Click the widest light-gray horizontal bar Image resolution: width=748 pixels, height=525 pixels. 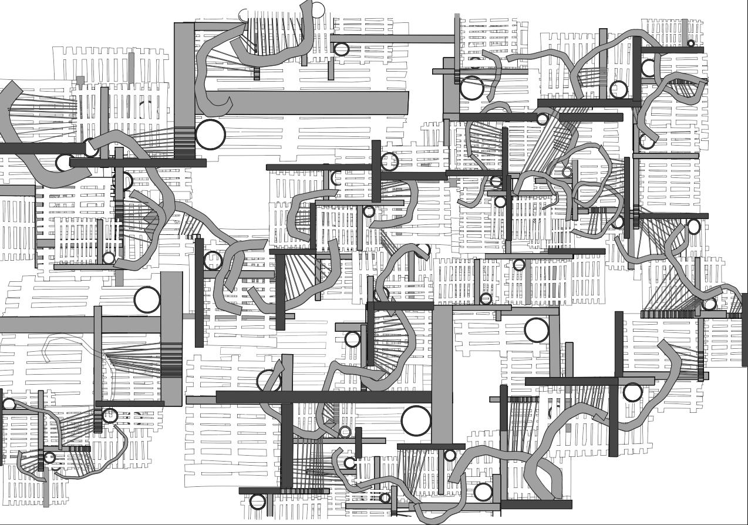click(317, 103)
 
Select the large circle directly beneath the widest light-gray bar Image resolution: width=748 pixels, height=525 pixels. click(210, 134)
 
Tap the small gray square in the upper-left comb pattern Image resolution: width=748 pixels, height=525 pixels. click(80, 80)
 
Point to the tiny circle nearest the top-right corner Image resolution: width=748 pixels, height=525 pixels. click(690, 43)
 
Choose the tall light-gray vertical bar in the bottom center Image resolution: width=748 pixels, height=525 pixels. click(442, 376)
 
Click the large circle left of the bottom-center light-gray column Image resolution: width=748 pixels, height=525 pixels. click(416, 420)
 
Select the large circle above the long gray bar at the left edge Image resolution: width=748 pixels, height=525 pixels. click(147, 300)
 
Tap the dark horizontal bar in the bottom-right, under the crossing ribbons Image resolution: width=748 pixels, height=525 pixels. click(536, 504)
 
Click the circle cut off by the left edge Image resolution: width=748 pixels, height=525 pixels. click(8, 404)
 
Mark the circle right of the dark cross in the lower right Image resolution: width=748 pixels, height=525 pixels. click(632, 392)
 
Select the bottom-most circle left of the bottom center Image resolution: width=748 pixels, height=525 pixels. click(258, 502)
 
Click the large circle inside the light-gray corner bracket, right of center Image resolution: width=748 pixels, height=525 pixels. click(536, 330)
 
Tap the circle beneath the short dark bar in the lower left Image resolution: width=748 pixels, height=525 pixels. click(110, 416)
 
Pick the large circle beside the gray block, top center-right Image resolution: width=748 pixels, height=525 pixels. click(471, 88)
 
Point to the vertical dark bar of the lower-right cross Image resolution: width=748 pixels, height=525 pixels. click(613, 417)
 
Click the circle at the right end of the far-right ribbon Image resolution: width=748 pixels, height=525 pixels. click(710, 304)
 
